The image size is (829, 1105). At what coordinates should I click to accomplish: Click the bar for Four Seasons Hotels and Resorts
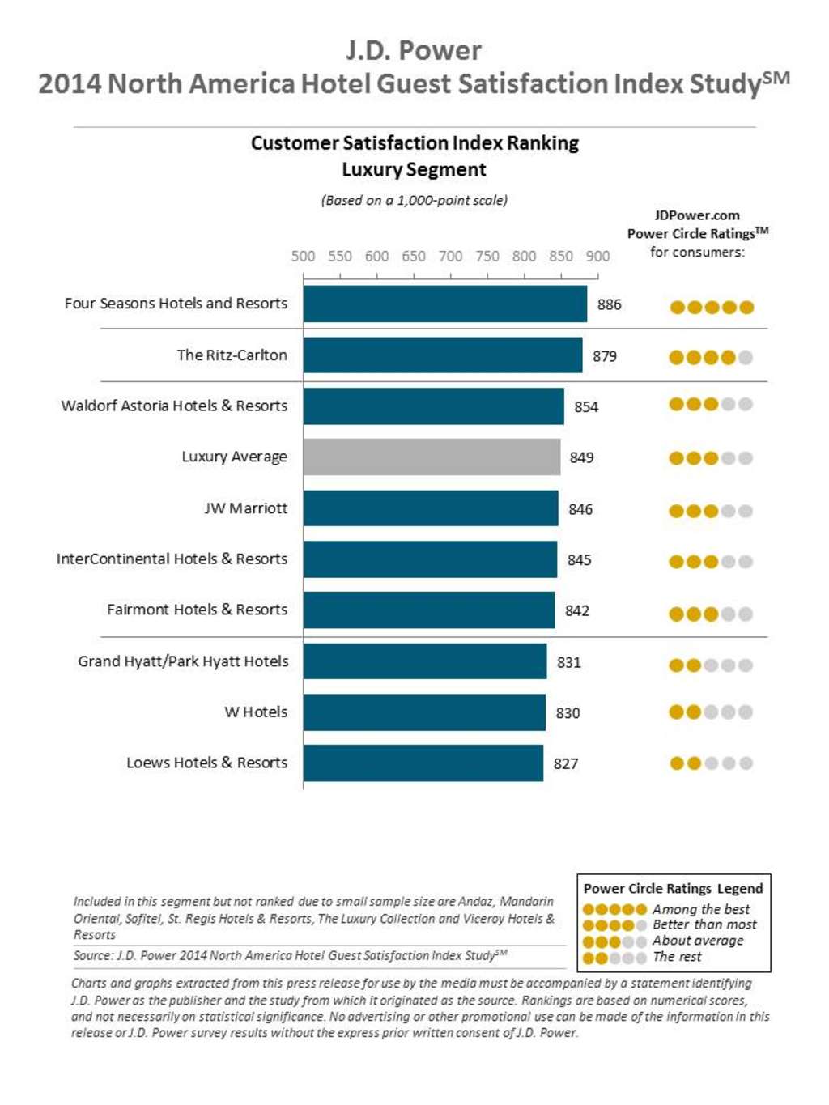[444, 304]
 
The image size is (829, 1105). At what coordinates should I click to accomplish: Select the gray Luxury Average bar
[432, 457]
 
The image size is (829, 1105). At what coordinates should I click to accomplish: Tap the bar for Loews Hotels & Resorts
[423, 763]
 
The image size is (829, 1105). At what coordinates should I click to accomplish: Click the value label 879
[604, 356]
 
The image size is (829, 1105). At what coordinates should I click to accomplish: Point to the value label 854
[586, 407]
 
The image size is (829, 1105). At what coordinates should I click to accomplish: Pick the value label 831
[568, 662]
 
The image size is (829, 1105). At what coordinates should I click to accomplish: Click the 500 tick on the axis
[303, 257]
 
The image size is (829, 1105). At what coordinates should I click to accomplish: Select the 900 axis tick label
[597, 257]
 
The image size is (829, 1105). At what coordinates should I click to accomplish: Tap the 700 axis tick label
[450, 257]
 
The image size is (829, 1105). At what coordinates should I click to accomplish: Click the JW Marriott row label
[245, 508]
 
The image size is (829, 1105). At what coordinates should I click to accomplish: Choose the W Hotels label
[255, 712]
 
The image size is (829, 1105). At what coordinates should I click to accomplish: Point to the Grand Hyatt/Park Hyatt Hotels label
[183, 661]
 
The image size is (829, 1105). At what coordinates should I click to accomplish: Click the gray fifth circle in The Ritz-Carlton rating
[746, 357]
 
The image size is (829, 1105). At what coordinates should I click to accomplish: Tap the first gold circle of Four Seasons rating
[677, 307]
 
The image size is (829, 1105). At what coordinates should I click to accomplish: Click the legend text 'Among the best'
[701, 909]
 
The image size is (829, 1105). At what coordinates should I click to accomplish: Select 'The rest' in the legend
[677, 957]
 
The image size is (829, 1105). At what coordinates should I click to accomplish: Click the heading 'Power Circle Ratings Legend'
[673, 888]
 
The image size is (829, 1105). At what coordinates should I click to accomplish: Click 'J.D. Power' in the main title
[414, 50]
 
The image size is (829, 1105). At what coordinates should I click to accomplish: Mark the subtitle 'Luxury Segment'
[414, 170]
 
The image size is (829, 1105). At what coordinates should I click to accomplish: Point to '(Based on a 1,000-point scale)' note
[414, 200]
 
